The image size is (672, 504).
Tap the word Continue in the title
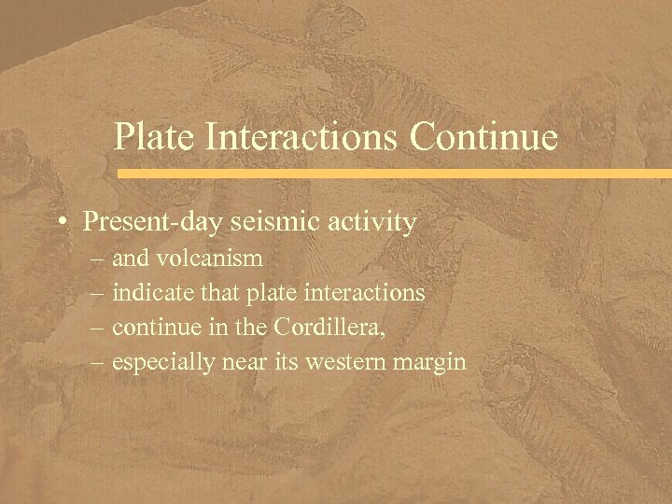[482, 137]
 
